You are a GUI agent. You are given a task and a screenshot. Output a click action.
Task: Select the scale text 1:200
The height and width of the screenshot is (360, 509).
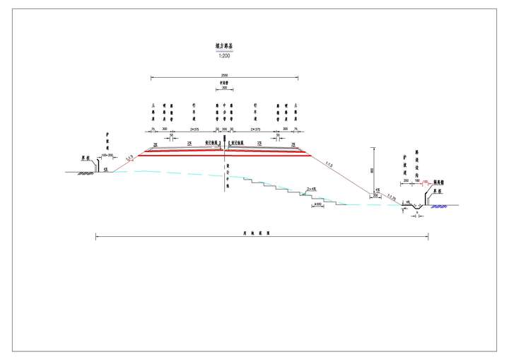224,55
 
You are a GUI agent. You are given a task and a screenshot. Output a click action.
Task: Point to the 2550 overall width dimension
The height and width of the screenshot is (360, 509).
224,74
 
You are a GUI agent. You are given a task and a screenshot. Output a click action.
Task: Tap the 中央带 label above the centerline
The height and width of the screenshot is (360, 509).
224,83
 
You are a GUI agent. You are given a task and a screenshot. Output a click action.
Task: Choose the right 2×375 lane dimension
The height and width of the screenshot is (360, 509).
255,129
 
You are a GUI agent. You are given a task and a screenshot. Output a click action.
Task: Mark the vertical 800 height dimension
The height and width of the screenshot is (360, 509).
371,170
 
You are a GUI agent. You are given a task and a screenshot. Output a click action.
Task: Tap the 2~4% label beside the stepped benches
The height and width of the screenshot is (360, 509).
311,189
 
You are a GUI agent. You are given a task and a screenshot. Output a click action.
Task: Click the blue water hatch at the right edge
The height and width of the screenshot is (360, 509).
440,207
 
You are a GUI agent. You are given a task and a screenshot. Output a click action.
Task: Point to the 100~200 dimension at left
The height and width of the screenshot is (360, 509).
107,154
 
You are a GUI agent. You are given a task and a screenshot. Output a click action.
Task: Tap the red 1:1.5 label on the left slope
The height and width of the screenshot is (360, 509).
130,158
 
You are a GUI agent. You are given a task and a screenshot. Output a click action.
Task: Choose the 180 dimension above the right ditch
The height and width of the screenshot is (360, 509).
418,181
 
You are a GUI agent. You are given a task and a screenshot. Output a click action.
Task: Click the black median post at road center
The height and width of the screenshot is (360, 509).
225,146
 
